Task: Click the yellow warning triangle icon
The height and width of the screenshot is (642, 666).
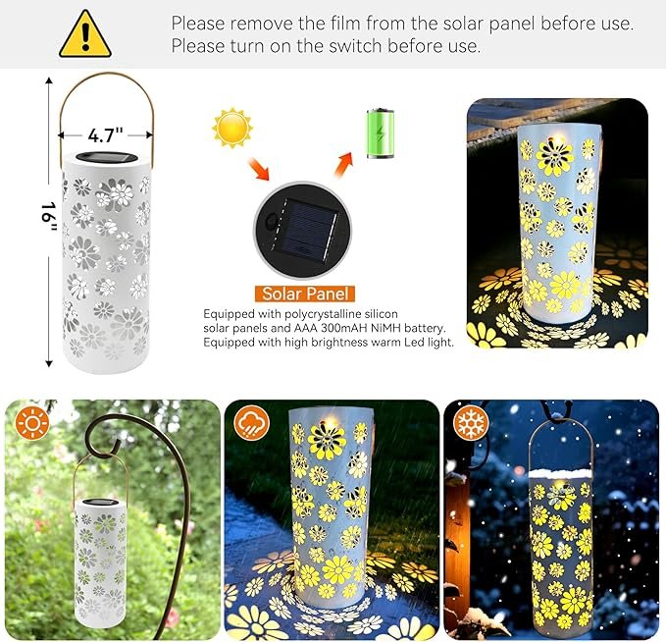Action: [x=85, y=35]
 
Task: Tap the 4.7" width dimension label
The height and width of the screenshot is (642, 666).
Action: [x=105, y=135]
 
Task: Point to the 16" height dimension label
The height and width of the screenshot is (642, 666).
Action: [x=49, y=217]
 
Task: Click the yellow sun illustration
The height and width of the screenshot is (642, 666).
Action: [x=232, y=128]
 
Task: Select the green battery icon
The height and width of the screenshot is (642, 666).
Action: [x=381, y=134]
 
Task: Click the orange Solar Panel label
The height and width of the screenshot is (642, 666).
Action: [x=305, y=294]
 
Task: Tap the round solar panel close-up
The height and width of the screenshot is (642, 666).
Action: [x=302, y=231]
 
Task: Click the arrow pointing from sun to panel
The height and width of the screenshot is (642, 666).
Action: [x=259, y=169]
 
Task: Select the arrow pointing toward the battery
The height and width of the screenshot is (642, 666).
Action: [x=344, y=165]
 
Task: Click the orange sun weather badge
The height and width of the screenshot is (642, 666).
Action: [x=32, y=423]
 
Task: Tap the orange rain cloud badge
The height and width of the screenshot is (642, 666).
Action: [x=251, y=423]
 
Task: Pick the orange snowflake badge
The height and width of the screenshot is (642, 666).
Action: [x=471, y=423]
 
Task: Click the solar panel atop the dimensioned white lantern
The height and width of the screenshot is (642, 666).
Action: [x=107, y=157]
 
